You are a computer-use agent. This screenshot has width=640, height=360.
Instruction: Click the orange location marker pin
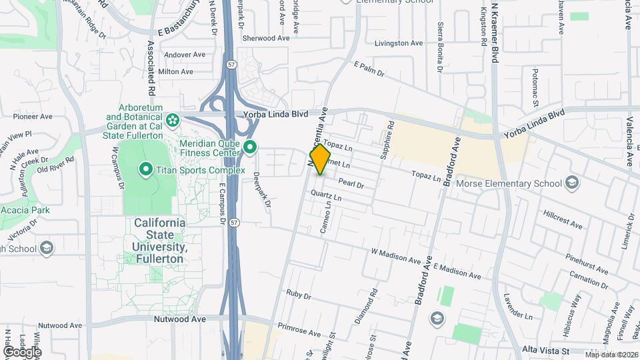coord(321,159)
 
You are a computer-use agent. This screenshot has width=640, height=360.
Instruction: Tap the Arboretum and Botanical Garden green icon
coord(173,121)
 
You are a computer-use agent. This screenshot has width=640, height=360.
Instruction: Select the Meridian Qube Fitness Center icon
coord(251,146)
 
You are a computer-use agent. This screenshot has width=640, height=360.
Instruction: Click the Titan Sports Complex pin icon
coord(145,170)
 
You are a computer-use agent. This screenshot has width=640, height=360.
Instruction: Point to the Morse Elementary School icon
coord(571,183)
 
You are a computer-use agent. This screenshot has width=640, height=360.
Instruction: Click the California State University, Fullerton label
coord(160,241)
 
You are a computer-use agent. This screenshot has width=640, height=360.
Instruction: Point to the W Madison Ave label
coord(397,255)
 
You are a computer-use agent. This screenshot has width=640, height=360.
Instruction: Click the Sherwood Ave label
coord(266,39)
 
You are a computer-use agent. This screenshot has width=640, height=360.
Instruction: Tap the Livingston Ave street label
coord(399,43)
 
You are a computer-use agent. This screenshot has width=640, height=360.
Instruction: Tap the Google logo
coord(22,351)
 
